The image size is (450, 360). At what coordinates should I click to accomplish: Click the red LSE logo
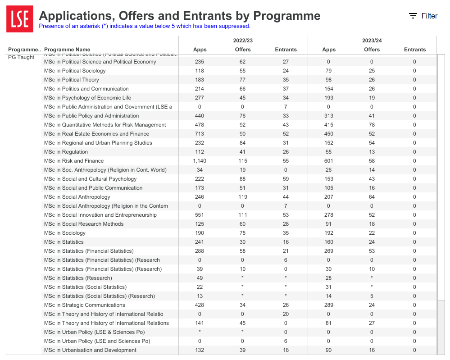(x=20, y=19)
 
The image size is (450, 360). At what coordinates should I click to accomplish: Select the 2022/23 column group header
(x=243, y=41)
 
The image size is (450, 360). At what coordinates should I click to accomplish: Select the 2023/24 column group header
(x=372, y=41)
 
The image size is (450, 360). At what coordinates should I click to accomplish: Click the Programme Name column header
(x=67, y=50)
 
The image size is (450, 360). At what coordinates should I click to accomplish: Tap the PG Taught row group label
(x=21, y=57)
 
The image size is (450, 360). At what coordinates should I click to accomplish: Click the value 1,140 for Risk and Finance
(x=200, y=161)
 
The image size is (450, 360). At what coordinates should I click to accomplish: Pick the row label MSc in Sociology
(x=64, y=233)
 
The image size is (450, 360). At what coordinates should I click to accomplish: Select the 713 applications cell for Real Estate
(x=200, y=134)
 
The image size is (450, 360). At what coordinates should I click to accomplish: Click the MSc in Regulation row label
(x=66, y=152)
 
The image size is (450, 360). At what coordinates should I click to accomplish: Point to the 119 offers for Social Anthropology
(x=243, y=197)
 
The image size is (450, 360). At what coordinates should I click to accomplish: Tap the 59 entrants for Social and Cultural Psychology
(x=286, y=179)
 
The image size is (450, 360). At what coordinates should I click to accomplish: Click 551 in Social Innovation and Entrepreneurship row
(x=200, y=215)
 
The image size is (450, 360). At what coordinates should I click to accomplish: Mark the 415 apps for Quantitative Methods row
(x=328, y=125)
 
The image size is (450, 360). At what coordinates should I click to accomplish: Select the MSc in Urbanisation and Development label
(x=90, y=350)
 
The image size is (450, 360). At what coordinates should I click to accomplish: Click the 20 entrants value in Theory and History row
(x=286, y=314)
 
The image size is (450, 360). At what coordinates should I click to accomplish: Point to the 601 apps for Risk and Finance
(x=328, y=161)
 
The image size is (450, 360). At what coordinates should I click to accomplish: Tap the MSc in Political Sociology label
(x=75, y=71)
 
